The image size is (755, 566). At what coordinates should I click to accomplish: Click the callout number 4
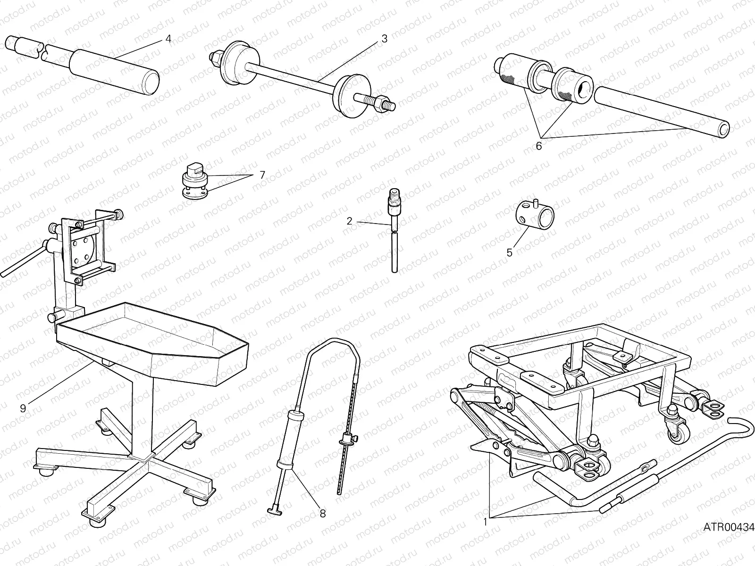[x=168, y=39]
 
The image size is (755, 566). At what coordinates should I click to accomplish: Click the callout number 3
[x=384, y=39]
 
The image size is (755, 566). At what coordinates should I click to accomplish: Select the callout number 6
[x=539, y=146]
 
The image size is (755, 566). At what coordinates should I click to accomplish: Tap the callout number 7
[x=262, y=175]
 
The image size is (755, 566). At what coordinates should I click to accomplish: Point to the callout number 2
[x=349, y=221]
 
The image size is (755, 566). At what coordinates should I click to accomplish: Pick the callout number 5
[x=509, y=253]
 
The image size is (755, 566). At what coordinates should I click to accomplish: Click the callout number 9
[x=23, y=408]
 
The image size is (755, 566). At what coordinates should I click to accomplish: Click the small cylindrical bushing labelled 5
[x=537, y=215]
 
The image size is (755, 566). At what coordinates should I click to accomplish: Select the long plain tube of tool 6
[x=661, y=110]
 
